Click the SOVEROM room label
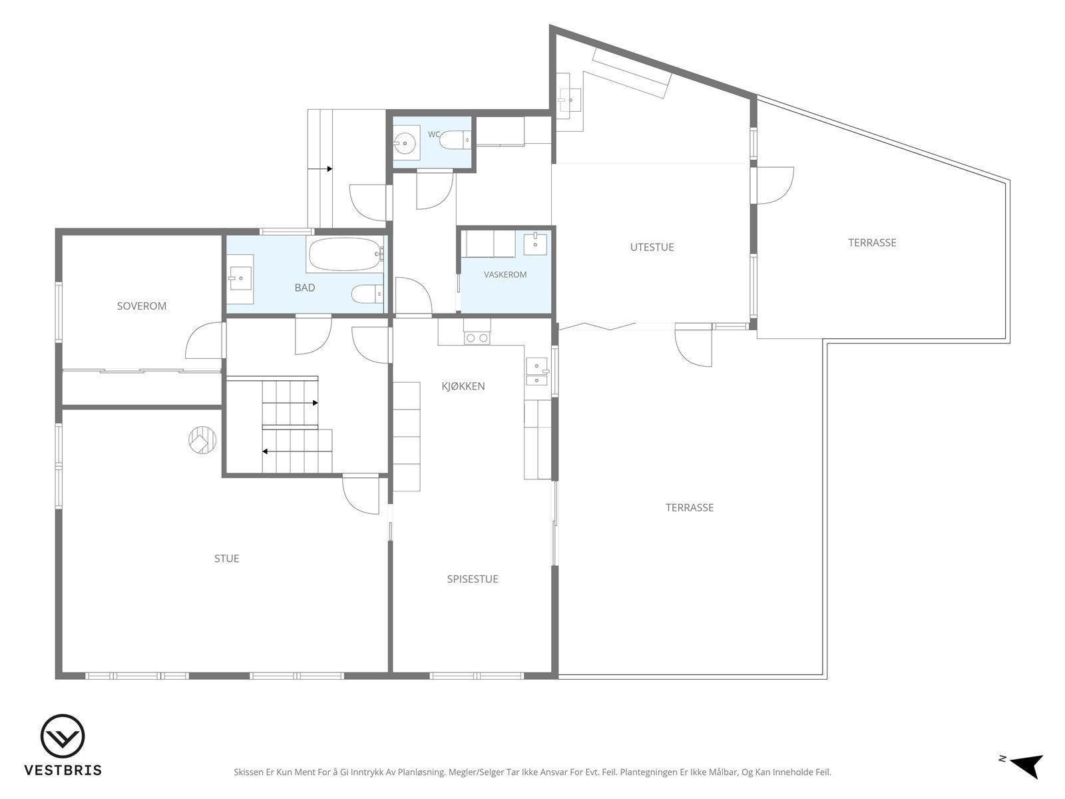pos(142,306)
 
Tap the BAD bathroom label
pos(305,288)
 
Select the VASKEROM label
pos(505,274)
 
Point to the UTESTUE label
pos(652,247)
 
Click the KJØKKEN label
pos(463,386)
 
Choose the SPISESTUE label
pos(473,579)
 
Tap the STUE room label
pos(226,559)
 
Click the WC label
pos(434,134)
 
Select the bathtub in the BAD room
pos(345,254)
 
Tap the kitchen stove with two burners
pos(477,338)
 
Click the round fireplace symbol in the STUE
pos(202,440)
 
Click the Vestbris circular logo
pos(63,736)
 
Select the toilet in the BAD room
pos(367,294)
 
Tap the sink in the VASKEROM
pos(535,244)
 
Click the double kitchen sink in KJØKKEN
pos(536,372)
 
